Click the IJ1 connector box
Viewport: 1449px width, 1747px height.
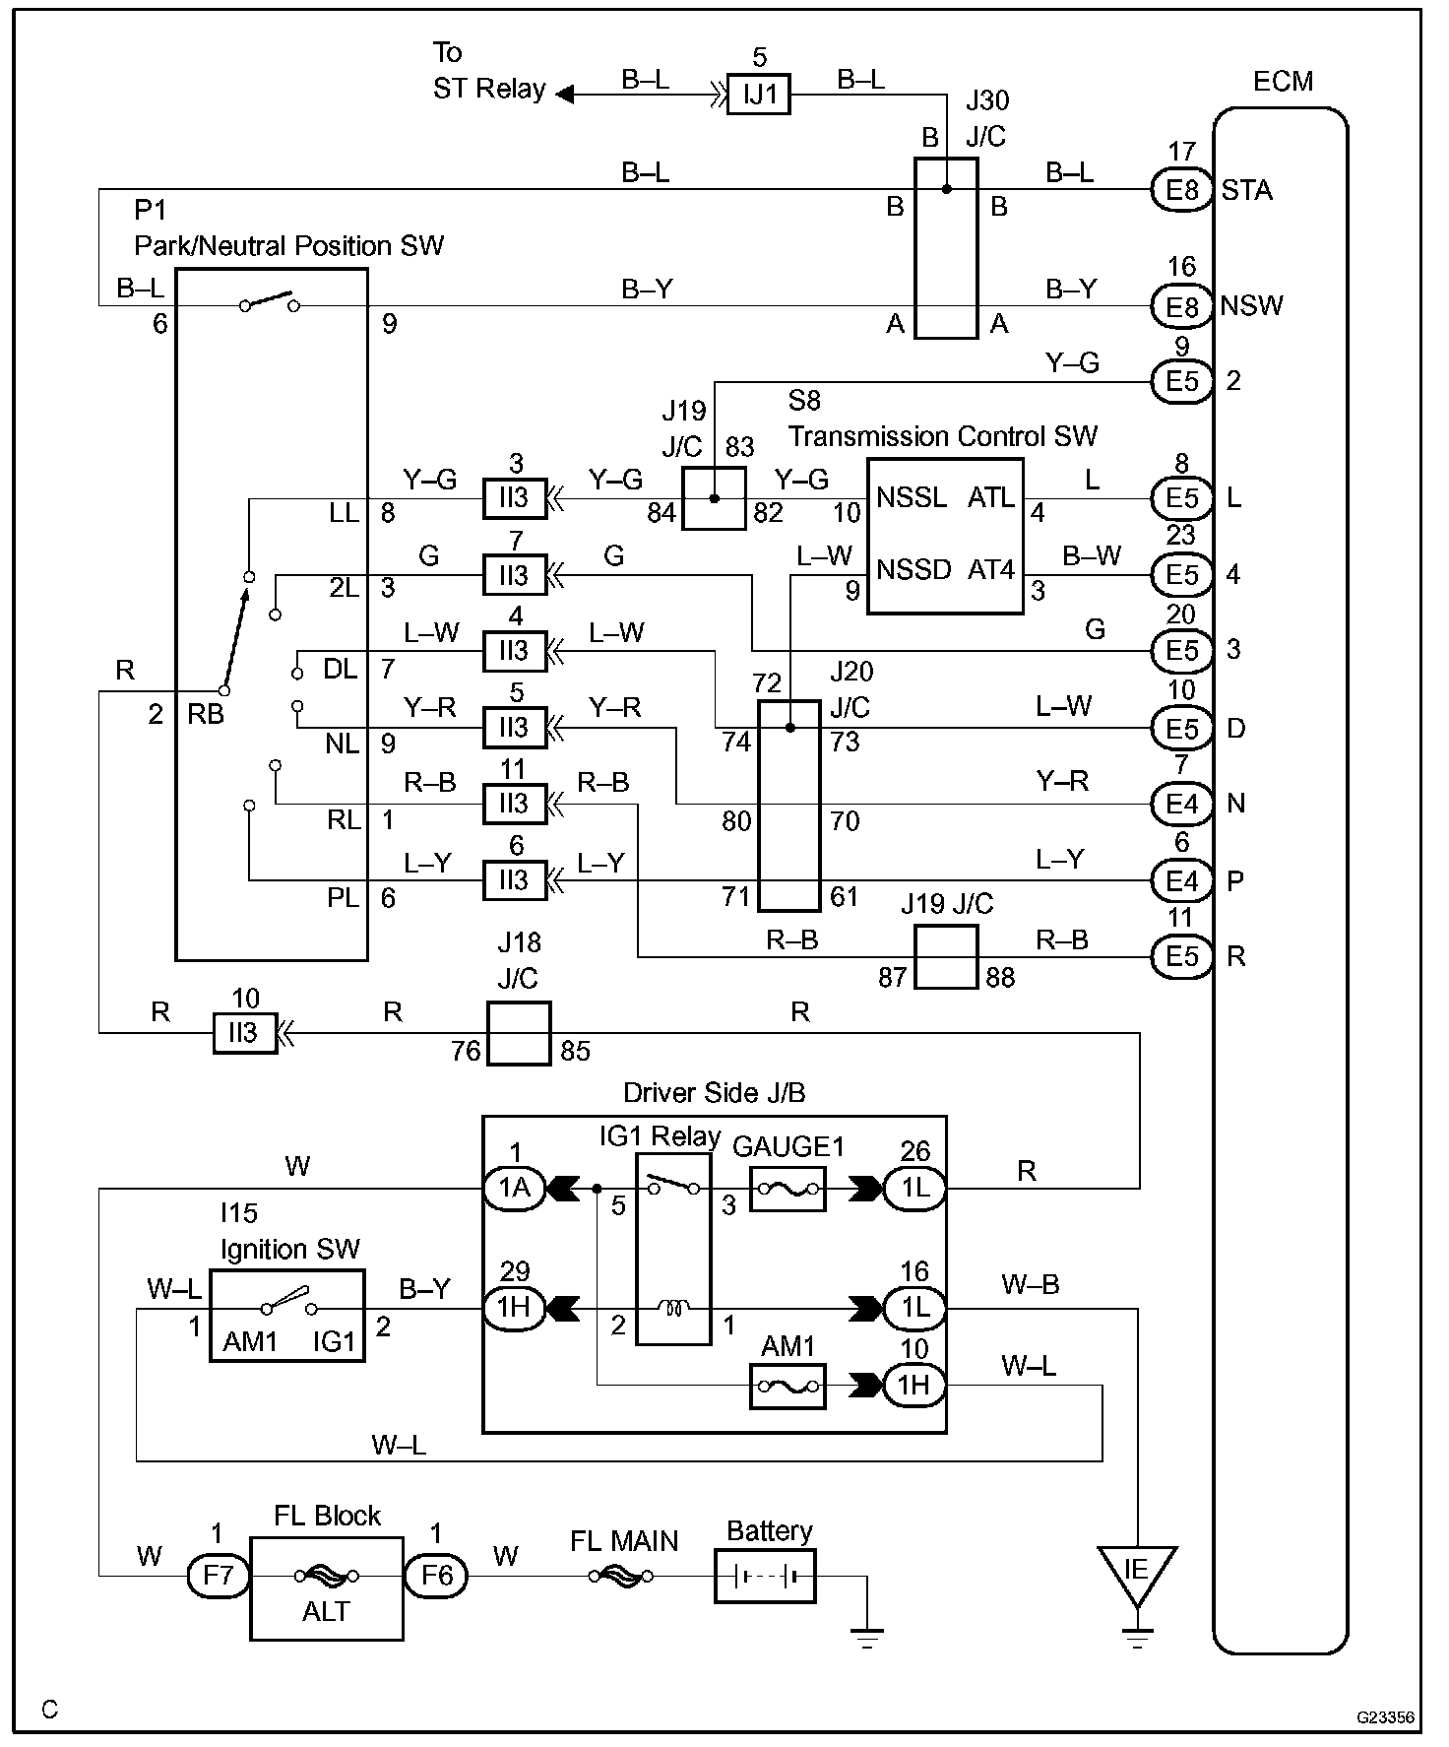(x=758, y=95)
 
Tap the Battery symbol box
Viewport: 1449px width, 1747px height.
(x=765, y=1575)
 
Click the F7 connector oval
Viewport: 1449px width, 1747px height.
(x=219, y=1576)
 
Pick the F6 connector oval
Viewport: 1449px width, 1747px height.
(x=436, y=1576)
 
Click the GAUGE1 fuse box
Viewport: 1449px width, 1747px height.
(x=787, y=1189)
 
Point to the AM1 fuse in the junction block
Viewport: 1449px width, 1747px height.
(x=787, y=1386)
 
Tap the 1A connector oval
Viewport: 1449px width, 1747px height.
(x=514, y=1189)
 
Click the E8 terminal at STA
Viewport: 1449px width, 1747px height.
(x=1181, y=189)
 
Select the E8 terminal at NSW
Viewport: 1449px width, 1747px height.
(x=1181, y=306)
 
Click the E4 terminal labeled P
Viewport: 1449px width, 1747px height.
(x=1181, y=880)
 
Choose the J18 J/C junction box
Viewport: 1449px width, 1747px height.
(x=519, y=1033)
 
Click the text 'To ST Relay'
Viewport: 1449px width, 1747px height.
(x=489, y=70)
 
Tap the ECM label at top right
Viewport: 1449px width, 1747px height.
(x=1283, y=81)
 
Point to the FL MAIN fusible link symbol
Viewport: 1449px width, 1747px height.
(x=622, y=1576)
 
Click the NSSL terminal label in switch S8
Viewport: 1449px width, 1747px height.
(x=913, y=497)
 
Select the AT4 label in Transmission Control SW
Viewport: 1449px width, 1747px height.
(x=991, y=570)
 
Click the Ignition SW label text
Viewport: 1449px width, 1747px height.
(x=290, y=1249)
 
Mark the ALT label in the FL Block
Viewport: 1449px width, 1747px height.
(x=326, y=1612)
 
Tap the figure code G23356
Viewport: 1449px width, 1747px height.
(x=1386, y=1716)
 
